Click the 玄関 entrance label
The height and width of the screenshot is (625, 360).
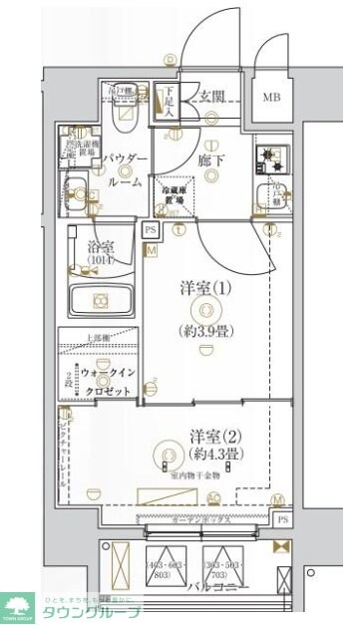coord(209,97)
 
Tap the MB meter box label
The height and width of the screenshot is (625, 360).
coord(271,98)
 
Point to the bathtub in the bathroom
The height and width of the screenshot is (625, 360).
coord(100,299)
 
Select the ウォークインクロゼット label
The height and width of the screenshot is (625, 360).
coord(100,380)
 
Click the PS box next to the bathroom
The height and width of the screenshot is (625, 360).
coord(151,230)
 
